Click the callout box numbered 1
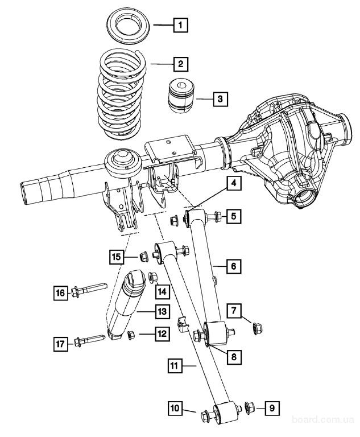click(x=180, y=25)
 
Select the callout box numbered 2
click(x=180, y=63)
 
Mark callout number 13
click(x=162, y=312)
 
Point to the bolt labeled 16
click(x=88, y=293)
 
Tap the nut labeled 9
click(x=249, y=407)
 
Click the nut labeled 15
click(x=144, y=257)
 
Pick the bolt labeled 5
click(x=210, y=217)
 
